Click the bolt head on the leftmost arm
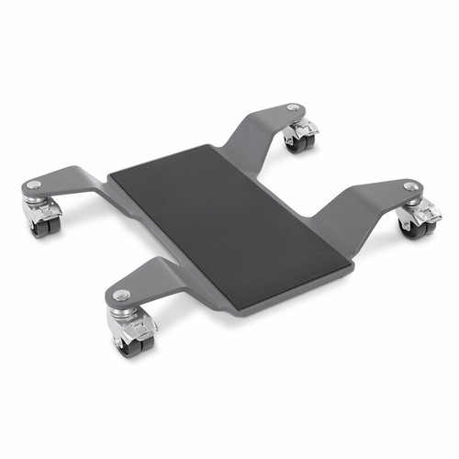click(x=34, y=185)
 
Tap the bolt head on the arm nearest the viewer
click(x=122, y=295)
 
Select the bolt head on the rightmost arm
click(x=409, y=186)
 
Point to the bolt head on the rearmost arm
click(x=292, y=108)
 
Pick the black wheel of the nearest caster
click(x=125, y=343)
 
